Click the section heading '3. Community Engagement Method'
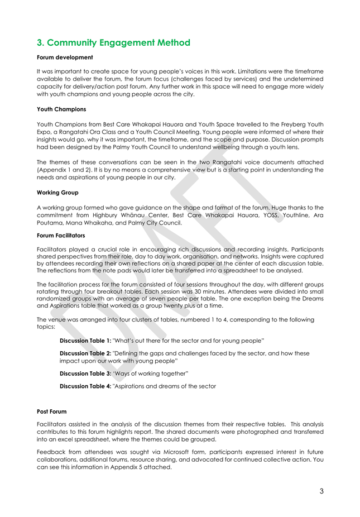pyautogui.click(x=113, y=42)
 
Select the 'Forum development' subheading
pyautogui.click(x=65, y=58)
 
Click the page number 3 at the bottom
pyautogui.click(x=321, y=491)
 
